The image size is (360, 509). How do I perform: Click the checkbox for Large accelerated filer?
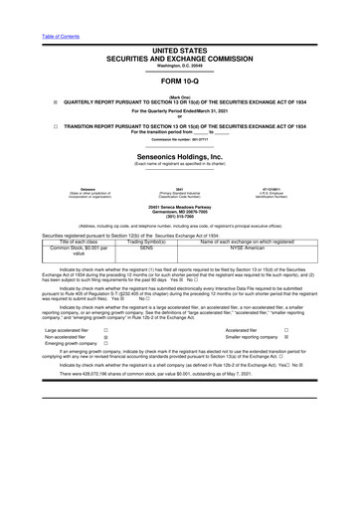105,355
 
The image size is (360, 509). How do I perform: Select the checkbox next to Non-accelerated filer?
105,364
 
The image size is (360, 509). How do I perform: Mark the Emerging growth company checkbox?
105,373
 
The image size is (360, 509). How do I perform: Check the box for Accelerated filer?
314,355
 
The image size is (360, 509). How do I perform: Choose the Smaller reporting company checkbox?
314,364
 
